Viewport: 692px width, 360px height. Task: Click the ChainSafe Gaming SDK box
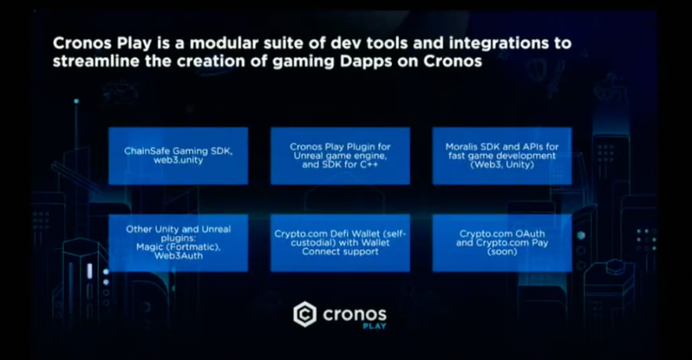179,156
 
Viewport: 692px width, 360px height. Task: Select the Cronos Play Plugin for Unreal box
341,156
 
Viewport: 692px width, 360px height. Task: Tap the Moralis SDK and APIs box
502,156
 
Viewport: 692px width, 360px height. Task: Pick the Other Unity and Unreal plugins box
179,243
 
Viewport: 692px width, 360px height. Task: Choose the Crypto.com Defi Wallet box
341,243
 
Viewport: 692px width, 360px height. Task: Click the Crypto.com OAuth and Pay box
502,243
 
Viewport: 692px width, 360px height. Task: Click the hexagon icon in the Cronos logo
305,314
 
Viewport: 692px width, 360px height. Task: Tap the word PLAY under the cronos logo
375,326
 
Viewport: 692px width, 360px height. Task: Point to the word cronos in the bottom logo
355,314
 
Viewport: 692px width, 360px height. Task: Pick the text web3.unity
179,160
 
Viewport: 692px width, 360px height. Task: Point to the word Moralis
462,147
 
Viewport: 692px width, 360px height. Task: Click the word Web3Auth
179,255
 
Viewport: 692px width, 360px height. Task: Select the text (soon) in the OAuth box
502,252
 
